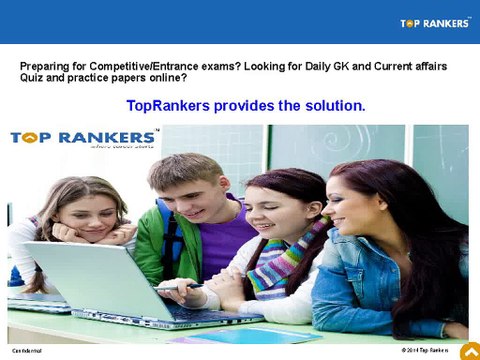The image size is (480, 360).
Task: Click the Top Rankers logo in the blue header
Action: coord(435,23)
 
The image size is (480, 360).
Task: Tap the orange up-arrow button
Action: coord(469,350)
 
